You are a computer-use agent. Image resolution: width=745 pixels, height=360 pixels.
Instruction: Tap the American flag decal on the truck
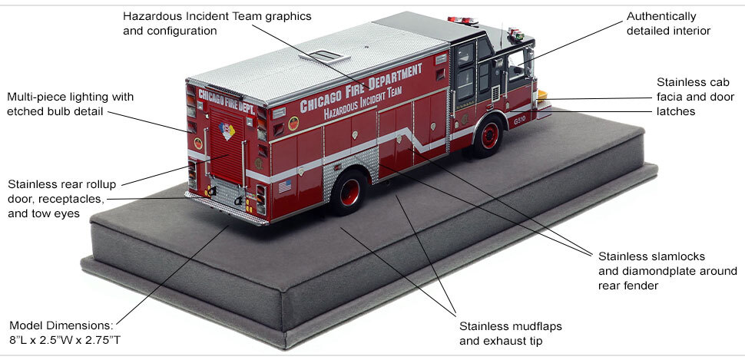point(286,186)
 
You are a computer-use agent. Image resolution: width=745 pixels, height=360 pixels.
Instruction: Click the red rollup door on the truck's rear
point(227,146)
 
